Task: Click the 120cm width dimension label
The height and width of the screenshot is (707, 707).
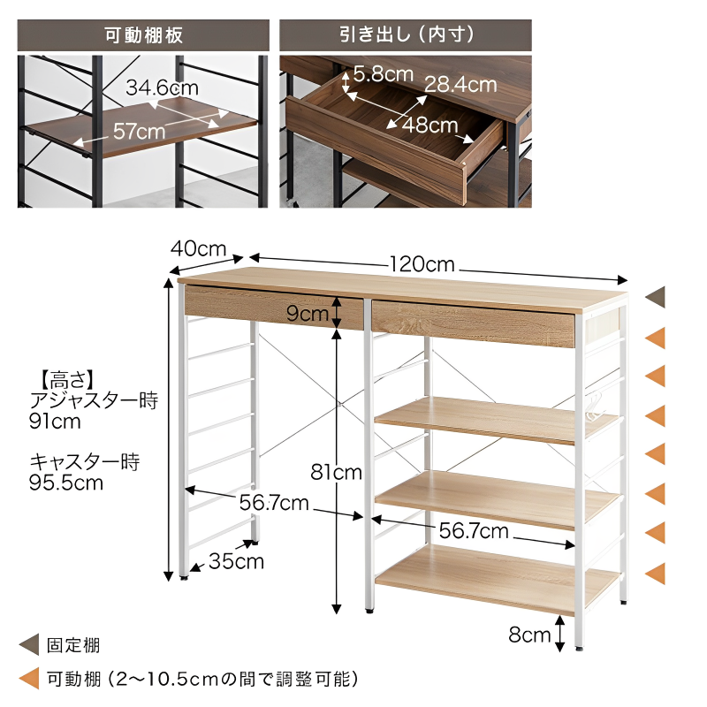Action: click(x=422, y=264)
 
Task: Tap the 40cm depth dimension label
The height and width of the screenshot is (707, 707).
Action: click(x=198, y=248)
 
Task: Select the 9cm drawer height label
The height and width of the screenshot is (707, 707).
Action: click(x=308, y=314)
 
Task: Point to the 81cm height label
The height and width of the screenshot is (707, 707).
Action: click(x=337, y=472)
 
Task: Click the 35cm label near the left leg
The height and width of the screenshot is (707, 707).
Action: click(x=236, y=561)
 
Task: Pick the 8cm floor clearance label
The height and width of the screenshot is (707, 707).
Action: click(x=529, y=635)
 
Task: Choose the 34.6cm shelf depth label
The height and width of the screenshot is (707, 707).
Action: click(x=163, y=87)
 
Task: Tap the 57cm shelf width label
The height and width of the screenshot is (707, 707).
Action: click(x=139, y=131)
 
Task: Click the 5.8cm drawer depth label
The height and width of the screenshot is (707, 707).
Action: click(x=384, y=74)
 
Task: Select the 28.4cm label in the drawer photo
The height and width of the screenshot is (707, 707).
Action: click(x=460, y=84)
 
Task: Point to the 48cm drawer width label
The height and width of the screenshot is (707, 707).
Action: click(x=430, y=125)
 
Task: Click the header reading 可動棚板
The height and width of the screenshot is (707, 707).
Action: click(x=143, y=35)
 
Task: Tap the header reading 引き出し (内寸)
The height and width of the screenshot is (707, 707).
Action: click(x=407, y=34)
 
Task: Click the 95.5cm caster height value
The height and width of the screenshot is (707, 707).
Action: click(x=66, y=483)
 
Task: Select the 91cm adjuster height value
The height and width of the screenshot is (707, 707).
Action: click(x=55, y=422)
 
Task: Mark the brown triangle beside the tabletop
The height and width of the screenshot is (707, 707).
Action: click(x=656, y=297)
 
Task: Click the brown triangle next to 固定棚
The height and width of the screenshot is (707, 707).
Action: click(x=29, y=645)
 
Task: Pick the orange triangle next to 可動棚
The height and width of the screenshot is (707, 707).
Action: click(x=29, y=678)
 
